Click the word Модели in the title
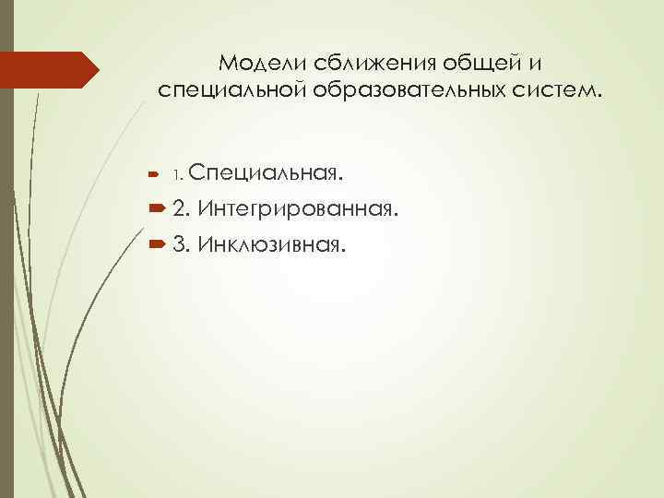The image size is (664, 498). (259, 63)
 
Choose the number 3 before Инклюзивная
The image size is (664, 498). (179, 245)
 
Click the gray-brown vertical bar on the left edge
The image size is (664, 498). (6, 249)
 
